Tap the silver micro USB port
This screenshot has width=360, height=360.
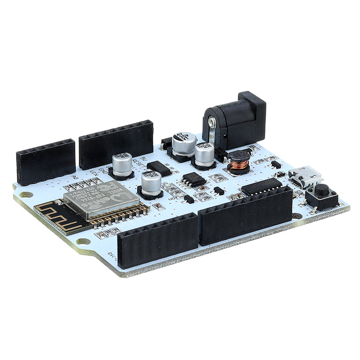pyautogui.click(x=303, y=175)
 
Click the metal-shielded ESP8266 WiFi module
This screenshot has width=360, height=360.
pyautogui.click(x=101, y=198)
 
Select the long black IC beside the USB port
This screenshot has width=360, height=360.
pyautogui.click(x=261, y=186)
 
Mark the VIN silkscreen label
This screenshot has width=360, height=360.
pyautogui.click(x=94, y=173)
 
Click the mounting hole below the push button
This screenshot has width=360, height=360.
pyautogui.click(x=297, y=216)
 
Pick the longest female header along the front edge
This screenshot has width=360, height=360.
pyautogui.click(x=245, y=215)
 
